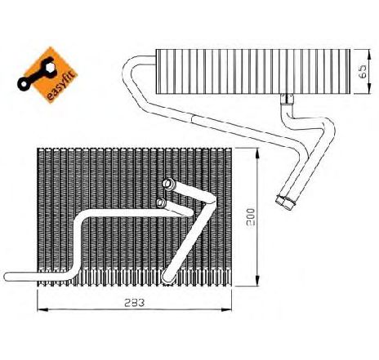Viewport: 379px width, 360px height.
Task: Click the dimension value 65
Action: coord(363,72)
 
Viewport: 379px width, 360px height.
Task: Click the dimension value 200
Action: coord(251,217)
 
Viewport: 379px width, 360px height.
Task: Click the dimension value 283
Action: coord(134,303)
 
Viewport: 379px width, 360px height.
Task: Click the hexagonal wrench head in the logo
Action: coord(51,67)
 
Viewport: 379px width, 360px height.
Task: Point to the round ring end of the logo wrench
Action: coord(24,84)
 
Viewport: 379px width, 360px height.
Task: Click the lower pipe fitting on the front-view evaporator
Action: coord(161,202)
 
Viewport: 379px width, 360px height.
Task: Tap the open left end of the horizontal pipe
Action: coord(7,277)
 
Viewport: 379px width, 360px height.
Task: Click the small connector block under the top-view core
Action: coord(287,99)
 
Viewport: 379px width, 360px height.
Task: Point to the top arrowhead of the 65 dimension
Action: coord(369,54)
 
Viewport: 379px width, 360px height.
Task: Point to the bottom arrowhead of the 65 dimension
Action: coord(369,89)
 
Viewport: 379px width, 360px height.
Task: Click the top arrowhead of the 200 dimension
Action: coord(257,153)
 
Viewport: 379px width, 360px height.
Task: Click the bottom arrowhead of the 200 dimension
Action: coord(257,281)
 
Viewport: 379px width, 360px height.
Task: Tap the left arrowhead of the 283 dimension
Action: coord(42,309)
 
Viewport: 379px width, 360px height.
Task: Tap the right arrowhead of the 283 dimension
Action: coord(226,309)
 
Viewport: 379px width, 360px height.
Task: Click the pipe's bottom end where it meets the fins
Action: coord(167,278)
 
